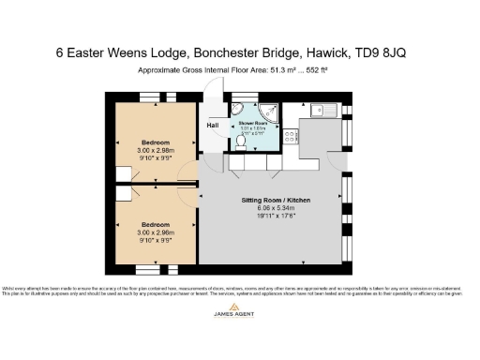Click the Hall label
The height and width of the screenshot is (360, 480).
(212, 124)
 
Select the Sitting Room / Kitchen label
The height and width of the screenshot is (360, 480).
(276, 201)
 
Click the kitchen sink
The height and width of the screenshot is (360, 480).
(326, 110)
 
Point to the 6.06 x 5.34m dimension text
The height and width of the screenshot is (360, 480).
(276, 209)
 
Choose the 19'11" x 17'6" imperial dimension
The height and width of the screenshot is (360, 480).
(276, 217)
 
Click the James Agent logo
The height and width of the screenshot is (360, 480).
(240, 323)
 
